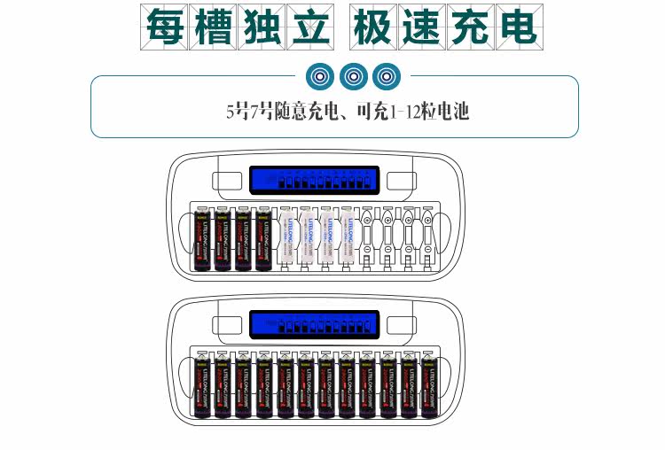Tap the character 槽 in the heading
(213, 28)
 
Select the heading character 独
(261, 28)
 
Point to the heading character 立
(309, 28)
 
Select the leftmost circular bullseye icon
(320, 76)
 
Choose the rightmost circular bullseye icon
(386, 76)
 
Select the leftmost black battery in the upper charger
(201, 239)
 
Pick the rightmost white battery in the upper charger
(348, 239)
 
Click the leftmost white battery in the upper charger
(286, 239)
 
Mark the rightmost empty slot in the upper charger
(429, 239)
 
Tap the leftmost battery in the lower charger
(201, 386)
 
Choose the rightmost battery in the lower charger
(429, 386)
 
